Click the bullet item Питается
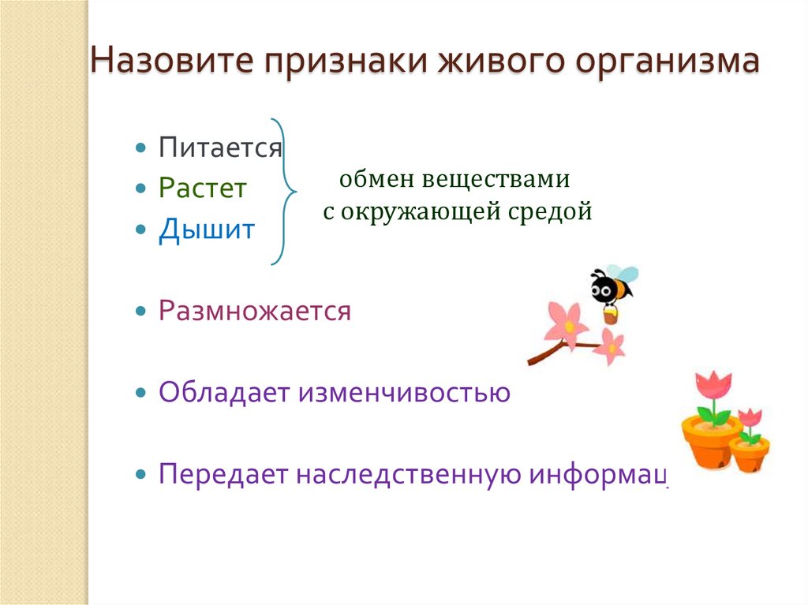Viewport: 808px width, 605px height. click(x=220, y=148)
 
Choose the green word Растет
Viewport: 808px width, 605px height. click(x=202, y=189)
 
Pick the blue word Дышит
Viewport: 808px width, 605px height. click(x=206, y=230)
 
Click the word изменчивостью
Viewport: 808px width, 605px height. click(x=404, y=392)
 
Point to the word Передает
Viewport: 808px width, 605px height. click(x=224, y=474)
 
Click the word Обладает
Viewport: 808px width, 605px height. click(x=224, y=392)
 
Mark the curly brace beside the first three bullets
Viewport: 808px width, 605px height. click(x=283, y=190)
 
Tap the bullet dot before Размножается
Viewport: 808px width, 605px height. click(x=140, y=311)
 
